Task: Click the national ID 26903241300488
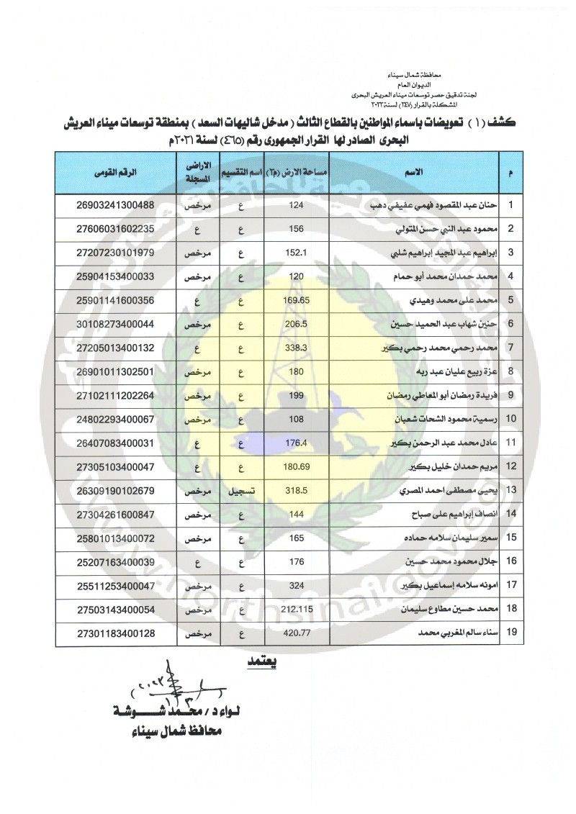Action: (x=115, y=206)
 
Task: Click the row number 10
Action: (x=510, y=419)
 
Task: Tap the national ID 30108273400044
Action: (x=115, y=325)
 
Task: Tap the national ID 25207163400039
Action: (x=115, y=562)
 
